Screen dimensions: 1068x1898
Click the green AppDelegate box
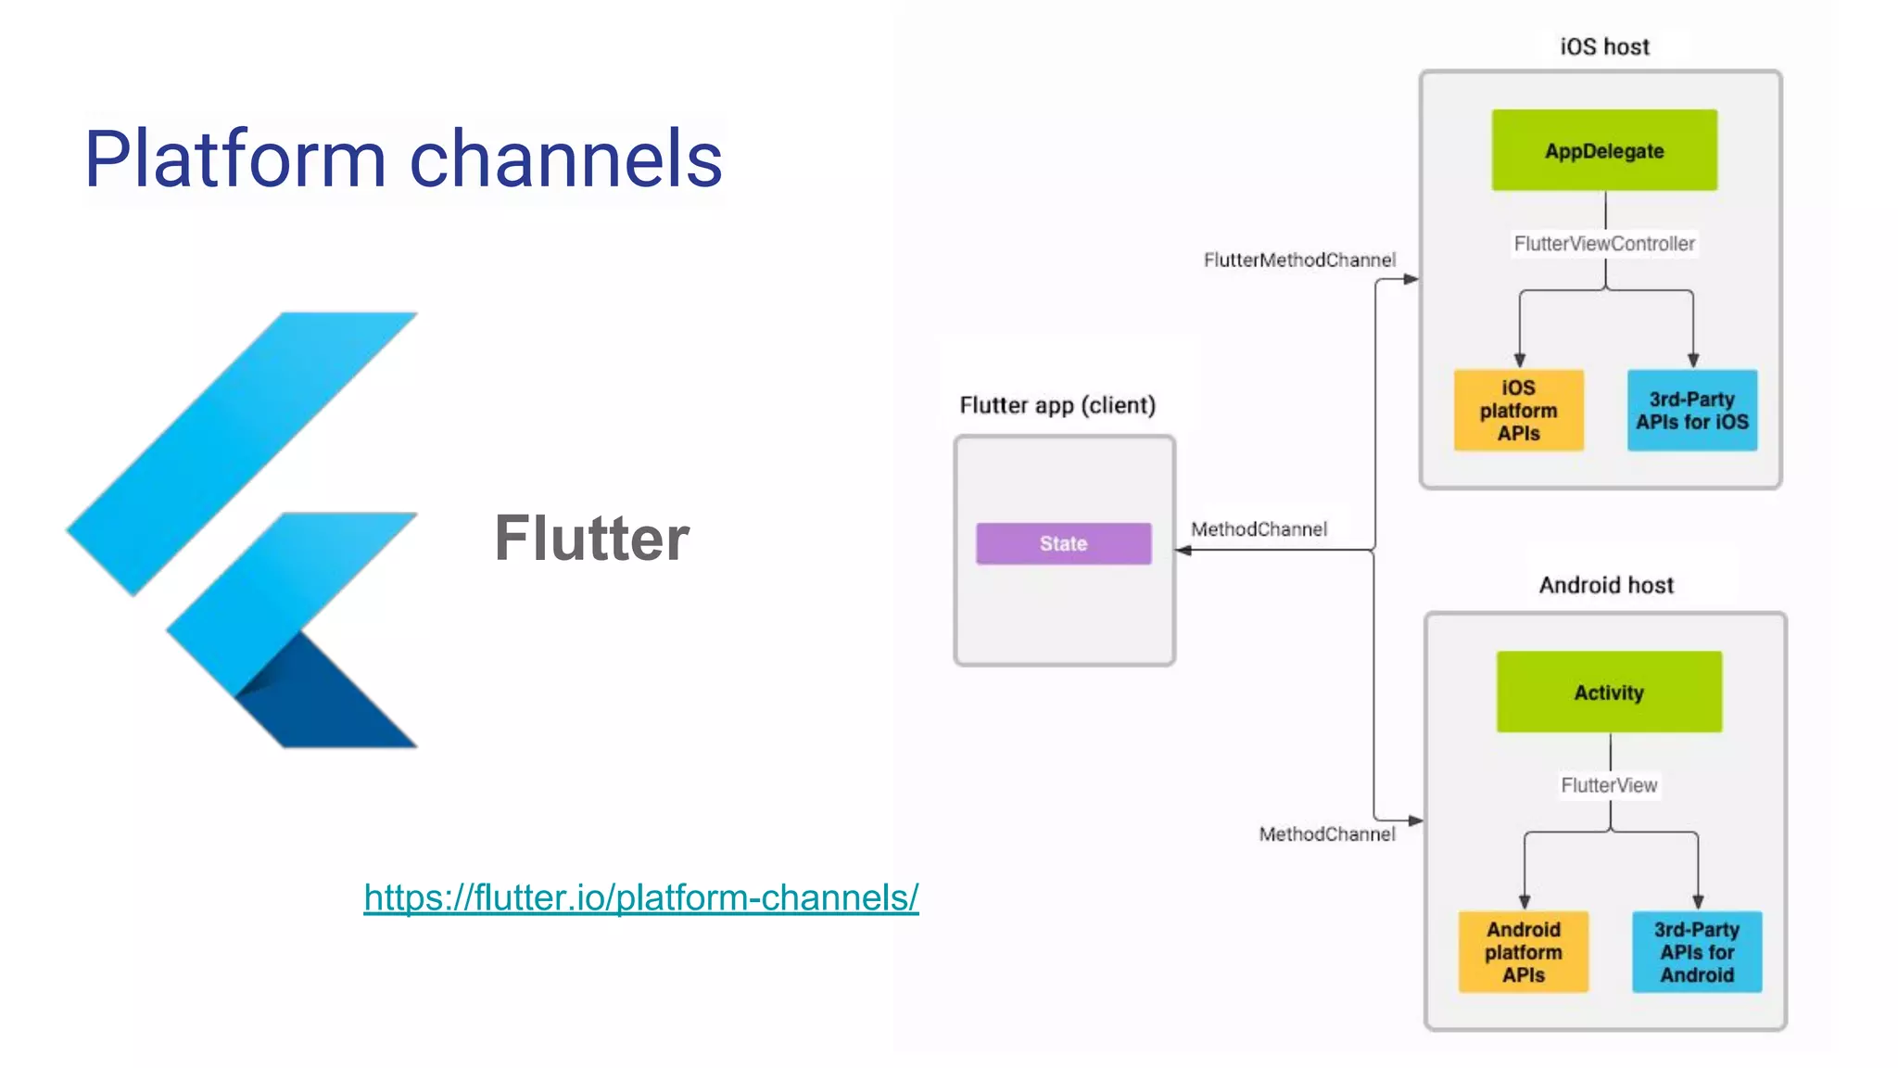tap(1603, 150)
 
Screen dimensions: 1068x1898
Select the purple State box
tap(1063, 543)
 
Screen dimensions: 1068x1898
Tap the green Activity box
tap(1609, 692)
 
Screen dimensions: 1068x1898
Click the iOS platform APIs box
tap(1518, 410)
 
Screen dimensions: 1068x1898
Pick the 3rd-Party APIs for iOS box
tap(1691, 410)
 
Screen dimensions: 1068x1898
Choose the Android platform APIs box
tap(1523, 951)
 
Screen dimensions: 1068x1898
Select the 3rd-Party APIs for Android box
tap(1696, 951)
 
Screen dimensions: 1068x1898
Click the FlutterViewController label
tap(1603, 244)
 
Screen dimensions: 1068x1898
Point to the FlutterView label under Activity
tap(1609, 785)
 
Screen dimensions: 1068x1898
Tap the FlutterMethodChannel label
tap(1299, 261)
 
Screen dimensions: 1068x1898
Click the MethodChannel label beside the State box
tap(1259, 529)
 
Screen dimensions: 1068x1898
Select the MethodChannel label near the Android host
tap(1326, 834)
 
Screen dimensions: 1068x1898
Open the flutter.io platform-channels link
tap(640, 897)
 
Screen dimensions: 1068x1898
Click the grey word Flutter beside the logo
tap(591, 538)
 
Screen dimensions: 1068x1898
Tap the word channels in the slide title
tap(565, 159)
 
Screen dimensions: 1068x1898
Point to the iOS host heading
tap(1604, 46)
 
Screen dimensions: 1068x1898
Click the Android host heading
tap(1606, 585)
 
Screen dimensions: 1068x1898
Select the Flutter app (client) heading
tap(1057, 405)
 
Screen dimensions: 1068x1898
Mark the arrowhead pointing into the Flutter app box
tap(1183, 551)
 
